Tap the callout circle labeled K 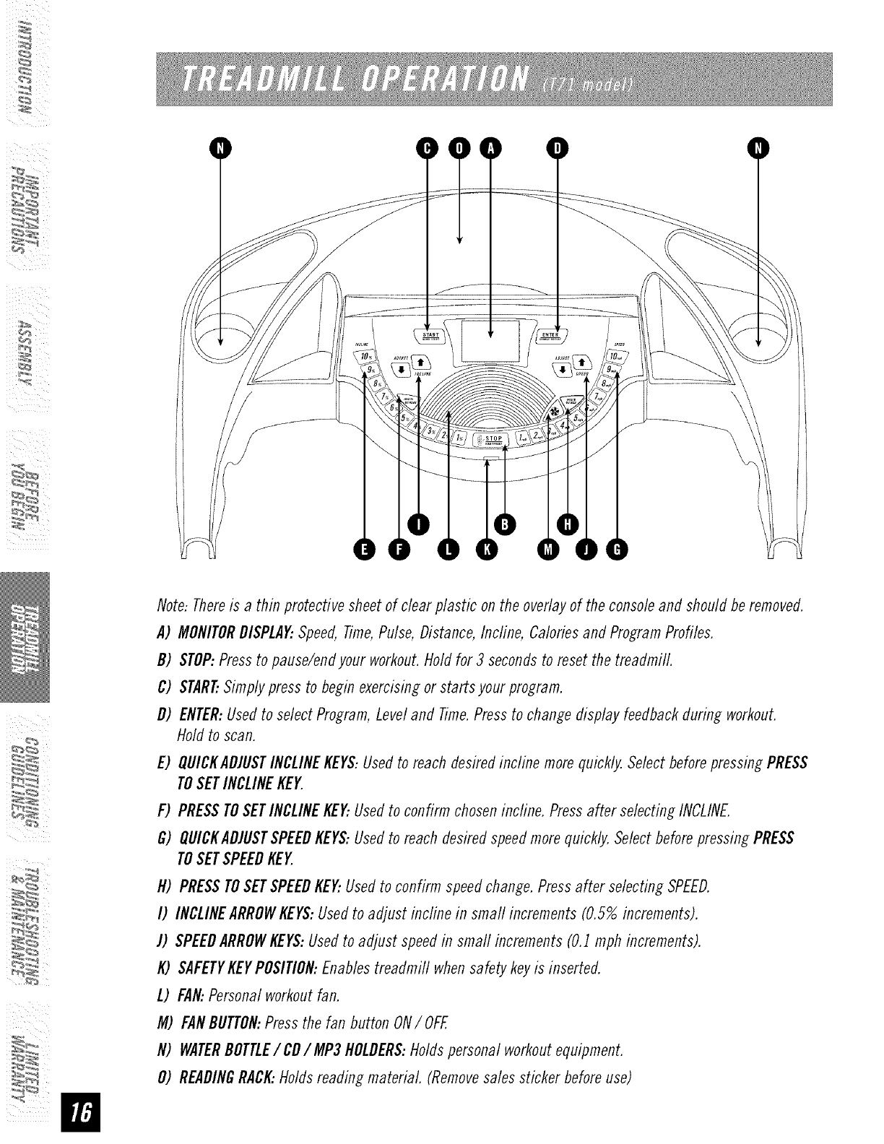(x=486, y=552)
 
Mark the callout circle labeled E (x=364, y=552)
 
